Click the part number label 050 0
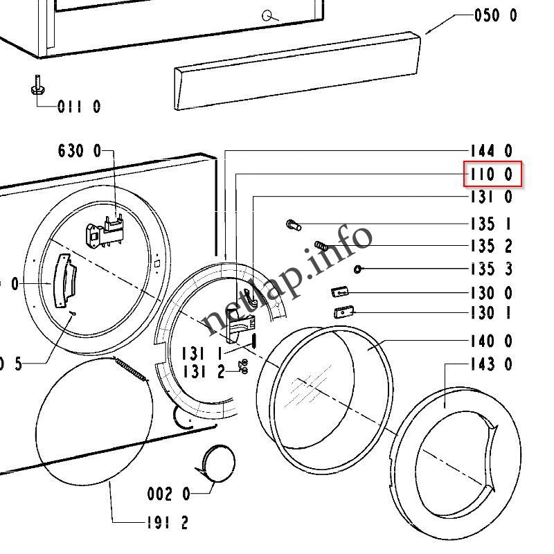(x=495, y=15)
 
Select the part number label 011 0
(x=79, y=107)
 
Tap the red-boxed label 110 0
(x=492, y=175)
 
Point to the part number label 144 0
(x=492, y=151)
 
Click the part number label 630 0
(x=80, y=150)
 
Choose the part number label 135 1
(x=492, y=224)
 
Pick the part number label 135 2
(x=492, y=247)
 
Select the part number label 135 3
(x=492, y=269)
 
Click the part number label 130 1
(x=492, y=313)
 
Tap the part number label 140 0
(x=492, y=341)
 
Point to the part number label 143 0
(x=492, y=364)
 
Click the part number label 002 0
(x=168, y=494)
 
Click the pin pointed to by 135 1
(x=292, y=224)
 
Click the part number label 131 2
(x=204, y=373)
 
